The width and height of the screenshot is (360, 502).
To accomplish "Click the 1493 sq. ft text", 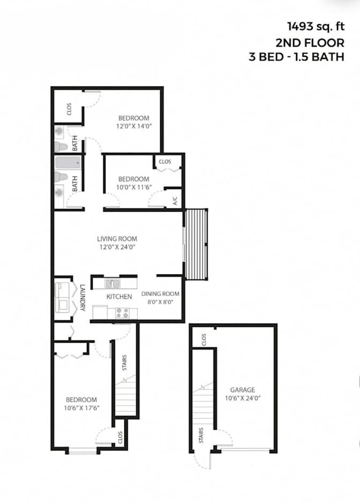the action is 316,26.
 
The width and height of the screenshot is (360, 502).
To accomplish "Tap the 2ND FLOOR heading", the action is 310,42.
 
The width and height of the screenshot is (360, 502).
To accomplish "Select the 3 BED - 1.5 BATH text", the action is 296,57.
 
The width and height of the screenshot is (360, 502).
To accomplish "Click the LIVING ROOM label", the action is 117,239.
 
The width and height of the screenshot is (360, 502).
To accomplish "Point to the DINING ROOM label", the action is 160,294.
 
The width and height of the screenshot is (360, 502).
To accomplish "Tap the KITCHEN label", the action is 119,297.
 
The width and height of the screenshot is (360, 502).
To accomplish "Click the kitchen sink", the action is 112,283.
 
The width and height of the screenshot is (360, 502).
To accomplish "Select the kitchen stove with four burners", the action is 122,313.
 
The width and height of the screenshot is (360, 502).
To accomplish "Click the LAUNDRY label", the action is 83,298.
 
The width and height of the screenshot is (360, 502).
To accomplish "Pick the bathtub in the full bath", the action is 67,163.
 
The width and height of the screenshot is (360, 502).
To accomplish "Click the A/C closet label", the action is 175,201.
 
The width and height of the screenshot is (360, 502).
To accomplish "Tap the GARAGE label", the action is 243,390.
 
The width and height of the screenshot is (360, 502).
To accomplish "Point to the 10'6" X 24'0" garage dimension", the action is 243,398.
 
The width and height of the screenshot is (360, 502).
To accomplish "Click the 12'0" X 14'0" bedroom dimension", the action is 134,126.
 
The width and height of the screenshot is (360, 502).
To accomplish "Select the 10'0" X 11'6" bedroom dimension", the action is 134,188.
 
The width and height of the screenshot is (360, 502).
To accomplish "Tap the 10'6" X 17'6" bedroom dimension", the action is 81,408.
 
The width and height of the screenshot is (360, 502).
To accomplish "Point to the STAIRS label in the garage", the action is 201,436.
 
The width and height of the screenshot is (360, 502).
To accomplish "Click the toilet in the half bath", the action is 61,147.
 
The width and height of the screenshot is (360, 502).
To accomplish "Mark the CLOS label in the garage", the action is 204,340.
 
